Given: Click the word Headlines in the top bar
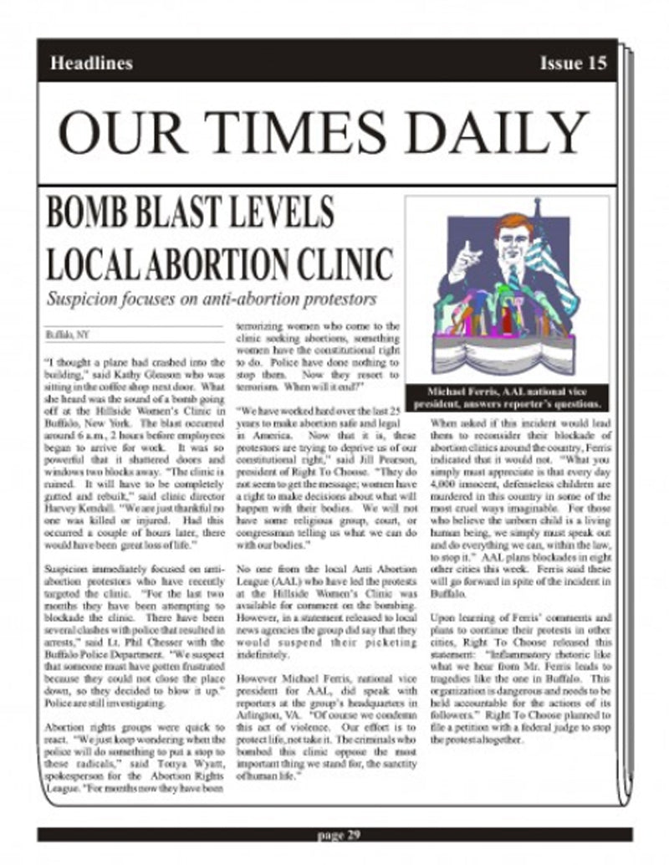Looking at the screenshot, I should pos(91,63).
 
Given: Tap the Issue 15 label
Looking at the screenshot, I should pos(573,63).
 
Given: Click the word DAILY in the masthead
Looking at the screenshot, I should pos(495,134).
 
